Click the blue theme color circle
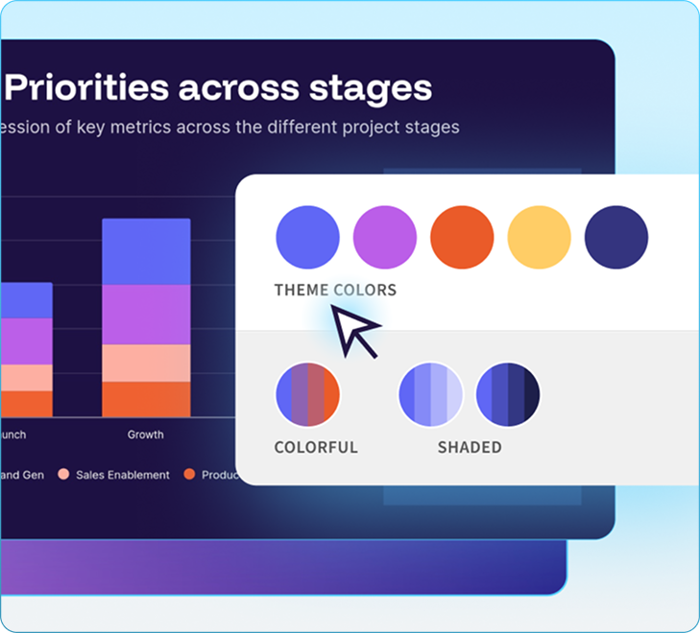tap(307, 237)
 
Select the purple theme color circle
tap(385, 237)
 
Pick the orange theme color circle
tap(462, 237)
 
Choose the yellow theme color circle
tap(539, 237)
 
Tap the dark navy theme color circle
tap(616, 237)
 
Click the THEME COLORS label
tap(335, 290)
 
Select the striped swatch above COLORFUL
tap(307, 394)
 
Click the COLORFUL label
tap(316, 447)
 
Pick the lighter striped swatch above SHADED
tap(431, 394)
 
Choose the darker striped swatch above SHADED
tap(508, 394)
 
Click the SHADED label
tap(470, 447)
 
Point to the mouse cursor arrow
tap(354, 330)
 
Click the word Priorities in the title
tap(86, 88)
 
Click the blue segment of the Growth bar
tap(146, 251)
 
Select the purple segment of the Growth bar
tap(146, 315)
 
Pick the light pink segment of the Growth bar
tap(146, 363)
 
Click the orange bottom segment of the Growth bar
tap(146, 399)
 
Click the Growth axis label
tap(146, 434)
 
